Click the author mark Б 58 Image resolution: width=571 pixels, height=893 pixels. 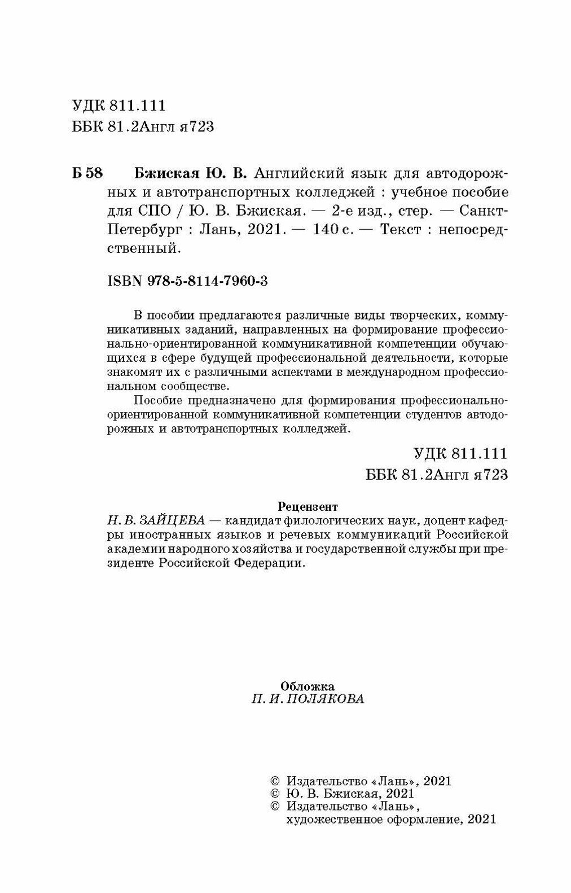click(x=87, y=173)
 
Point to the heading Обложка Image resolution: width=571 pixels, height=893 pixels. click(x=308, y=686)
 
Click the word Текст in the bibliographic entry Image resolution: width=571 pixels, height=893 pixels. click(x=401, y=230)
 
